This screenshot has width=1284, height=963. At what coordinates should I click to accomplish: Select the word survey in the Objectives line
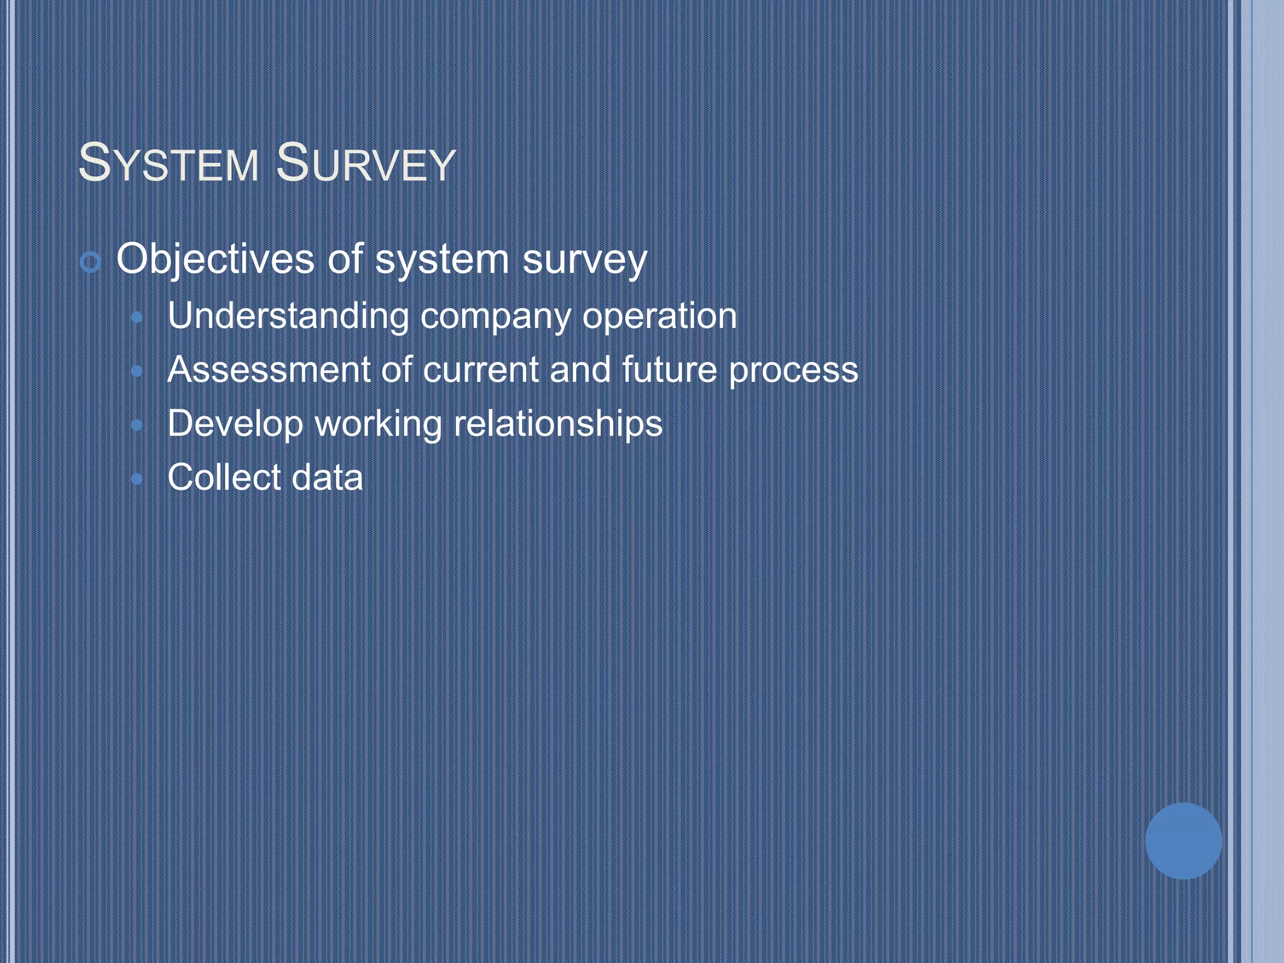tap(584, 260)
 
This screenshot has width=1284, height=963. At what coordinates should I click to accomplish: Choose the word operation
tap(659, 317)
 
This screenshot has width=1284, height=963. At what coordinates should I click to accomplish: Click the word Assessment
tap(268, 369)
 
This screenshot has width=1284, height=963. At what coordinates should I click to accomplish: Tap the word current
tap(481, 369)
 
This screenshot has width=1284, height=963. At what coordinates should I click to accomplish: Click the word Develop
tap(235, 424)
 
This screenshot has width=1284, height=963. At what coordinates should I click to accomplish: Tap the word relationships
tap(558, 424)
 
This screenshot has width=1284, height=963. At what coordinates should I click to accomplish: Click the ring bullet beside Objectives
tap(91, 262)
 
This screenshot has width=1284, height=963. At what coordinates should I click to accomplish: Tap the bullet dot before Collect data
tap(137, 480)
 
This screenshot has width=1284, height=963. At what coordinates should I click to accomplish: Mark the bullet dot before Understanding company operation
tap(137, 318)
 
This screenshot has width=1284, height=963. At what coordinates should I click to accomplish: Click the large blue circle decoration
tap(1183, 841)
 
